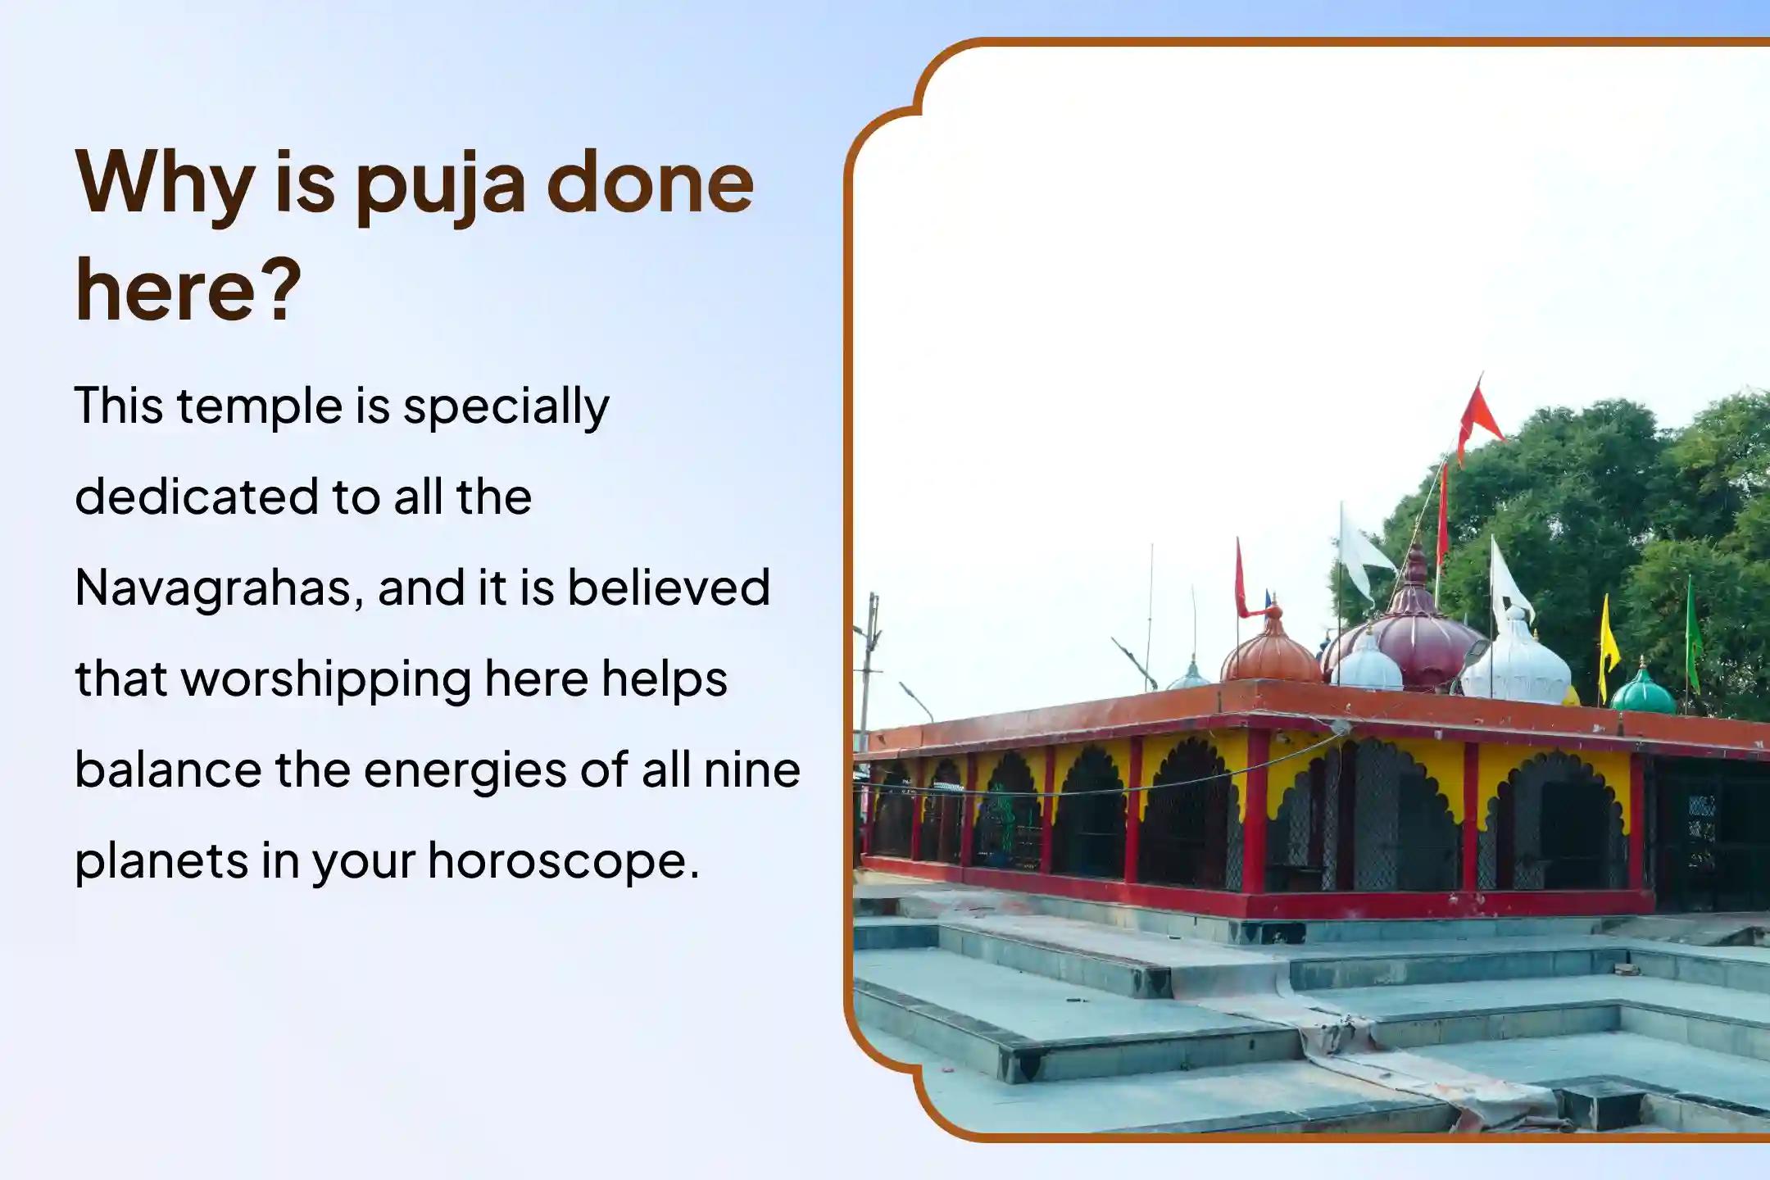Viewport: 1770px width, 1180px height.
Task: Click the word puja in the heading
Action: coord(440,187)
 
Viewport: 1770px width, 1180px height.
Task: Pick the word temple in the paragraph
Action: coord(259,407)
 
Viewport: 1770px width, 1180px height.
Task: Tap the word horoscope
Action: coord(563,862)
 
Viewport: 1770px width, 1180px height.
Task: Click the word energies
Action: coord(465,771)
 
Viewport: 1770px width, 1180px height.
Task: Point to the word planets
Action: coord(160,862)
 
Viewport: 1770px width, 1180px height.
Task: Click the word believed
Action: coord(669,588)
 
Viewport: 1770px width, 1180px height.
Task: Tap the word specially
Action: coord(506,407)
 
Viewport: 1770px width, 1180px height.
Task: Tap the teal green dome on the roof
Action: coord(1642,693)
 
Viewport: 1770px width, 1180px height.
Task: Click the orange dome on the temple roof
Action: coord(1271,651)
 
